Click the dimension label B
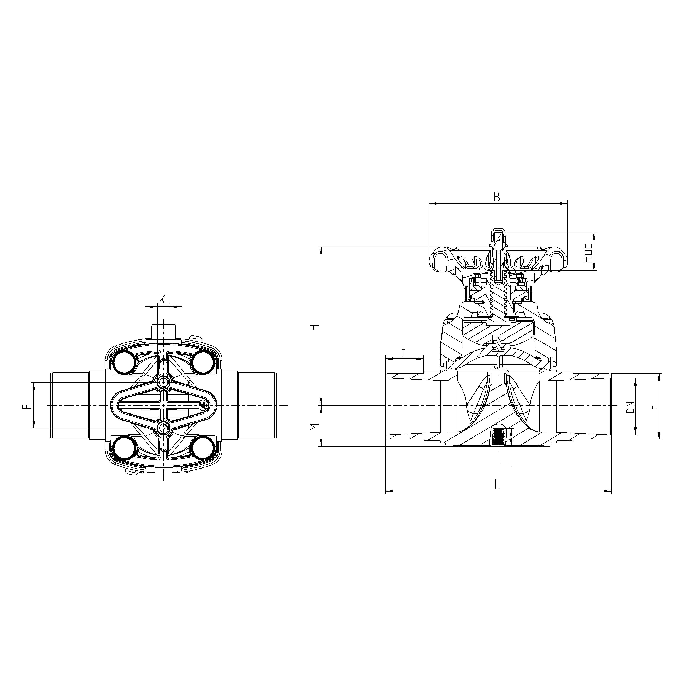tap(497, 197)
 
